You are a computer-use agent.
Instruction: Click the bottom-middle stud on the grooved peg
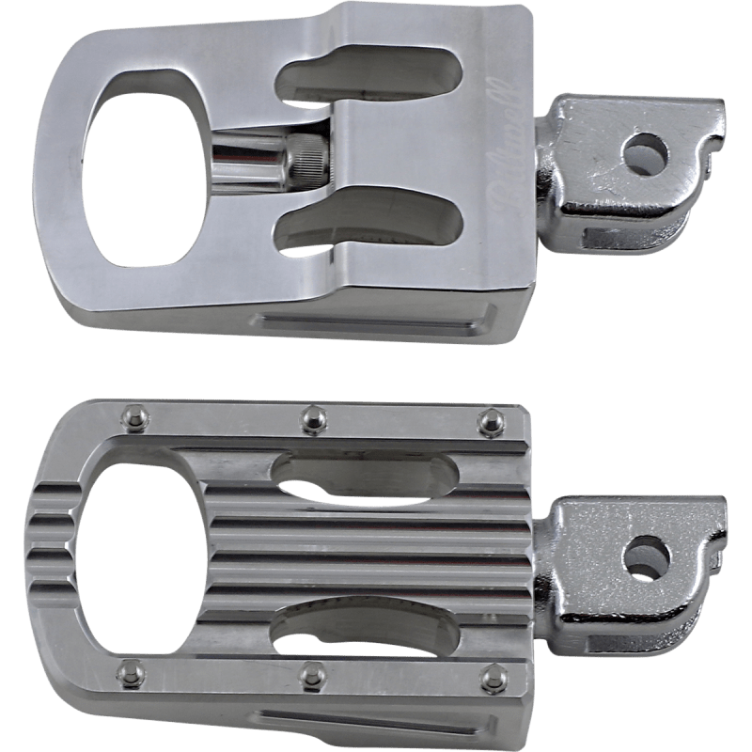click(307, 672)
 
